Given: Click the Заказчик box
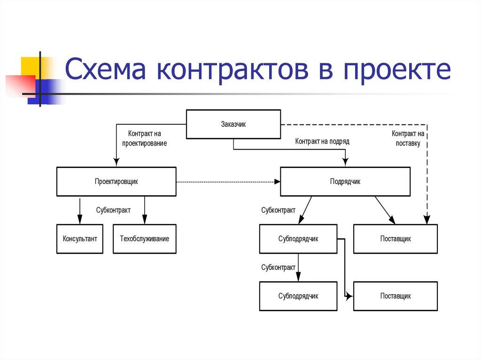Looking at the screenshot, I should point(233,124).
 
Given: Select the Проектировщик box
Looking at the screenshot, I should point(116,182).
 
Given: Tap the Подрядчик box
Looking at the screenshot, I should point(345,182).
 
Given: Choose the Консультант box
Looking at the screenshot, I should point(80,239).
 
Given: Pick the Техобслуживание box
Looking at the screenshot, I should point(145,239).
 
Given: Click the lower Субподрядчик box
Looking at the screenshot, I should point(298,296).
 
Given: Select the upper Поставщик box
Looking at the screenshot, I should point(396,239).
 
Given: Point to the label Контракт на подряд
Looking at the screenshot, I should point(322,141).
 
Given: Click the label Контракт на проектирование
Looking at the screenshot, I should point(145,138).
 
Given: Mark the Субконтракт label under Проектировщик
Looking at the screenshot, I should point(113,210).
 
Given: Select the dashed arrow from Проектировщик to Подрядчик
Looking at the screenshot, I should point(228,182).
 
